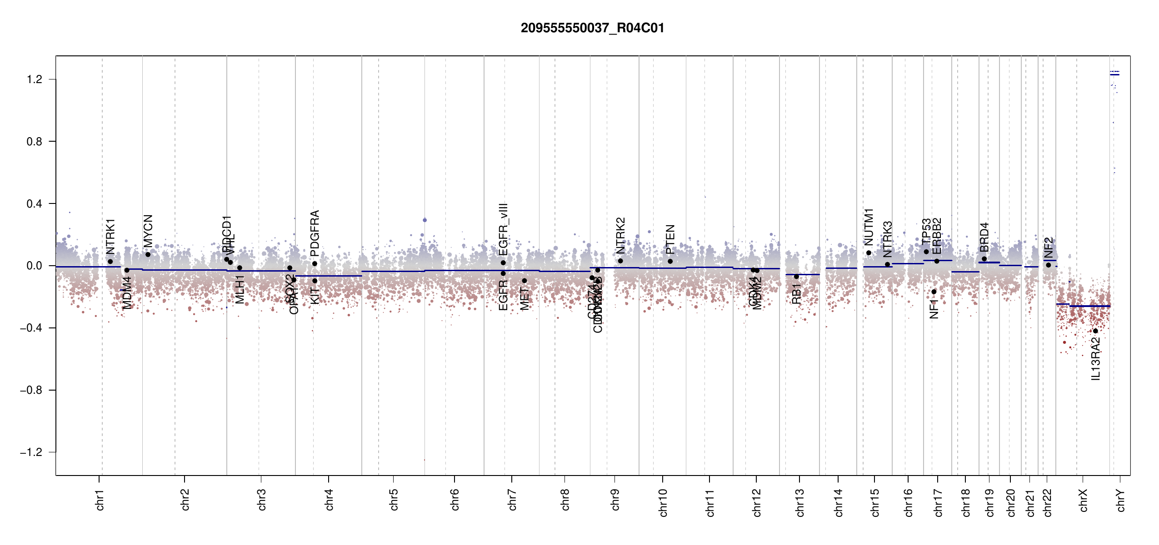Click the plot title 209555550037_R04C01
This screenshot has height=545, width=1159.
(x=592, y=28)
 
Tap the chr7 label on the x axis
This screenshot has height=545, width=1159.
(x=512, y=500)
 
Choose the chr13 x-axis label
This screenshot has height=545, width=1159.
(x=799, y=502)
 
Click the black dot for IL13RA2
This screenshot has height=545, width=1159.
(x=1095, y=331)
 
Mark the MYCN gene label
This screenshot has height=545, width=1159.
(x=148, y=231)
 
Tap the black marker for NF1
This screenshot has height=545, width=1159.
(x=934, y=292)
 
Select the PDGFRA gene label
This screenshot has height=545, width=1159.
(x=315, y=233)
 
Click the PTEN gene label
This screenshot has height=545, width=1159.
(x=670, y=239)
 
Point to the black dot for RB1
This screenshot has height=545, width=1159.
(x=796, y=277)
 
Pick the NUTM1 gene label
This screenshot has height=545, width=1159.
(x=869, y=227)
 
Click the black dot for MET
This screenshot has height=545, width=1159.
(x=525, y=281)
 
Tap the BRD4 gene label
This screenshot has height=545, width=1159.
(x=984, y=237)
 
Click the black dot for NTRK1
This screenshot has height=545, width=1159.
(x=110, y=262)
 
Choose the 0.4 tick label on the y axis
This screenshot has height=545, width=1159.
(x=35, y=204)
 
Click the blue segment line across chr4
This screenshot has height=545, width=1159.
(x=329, y=276)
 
